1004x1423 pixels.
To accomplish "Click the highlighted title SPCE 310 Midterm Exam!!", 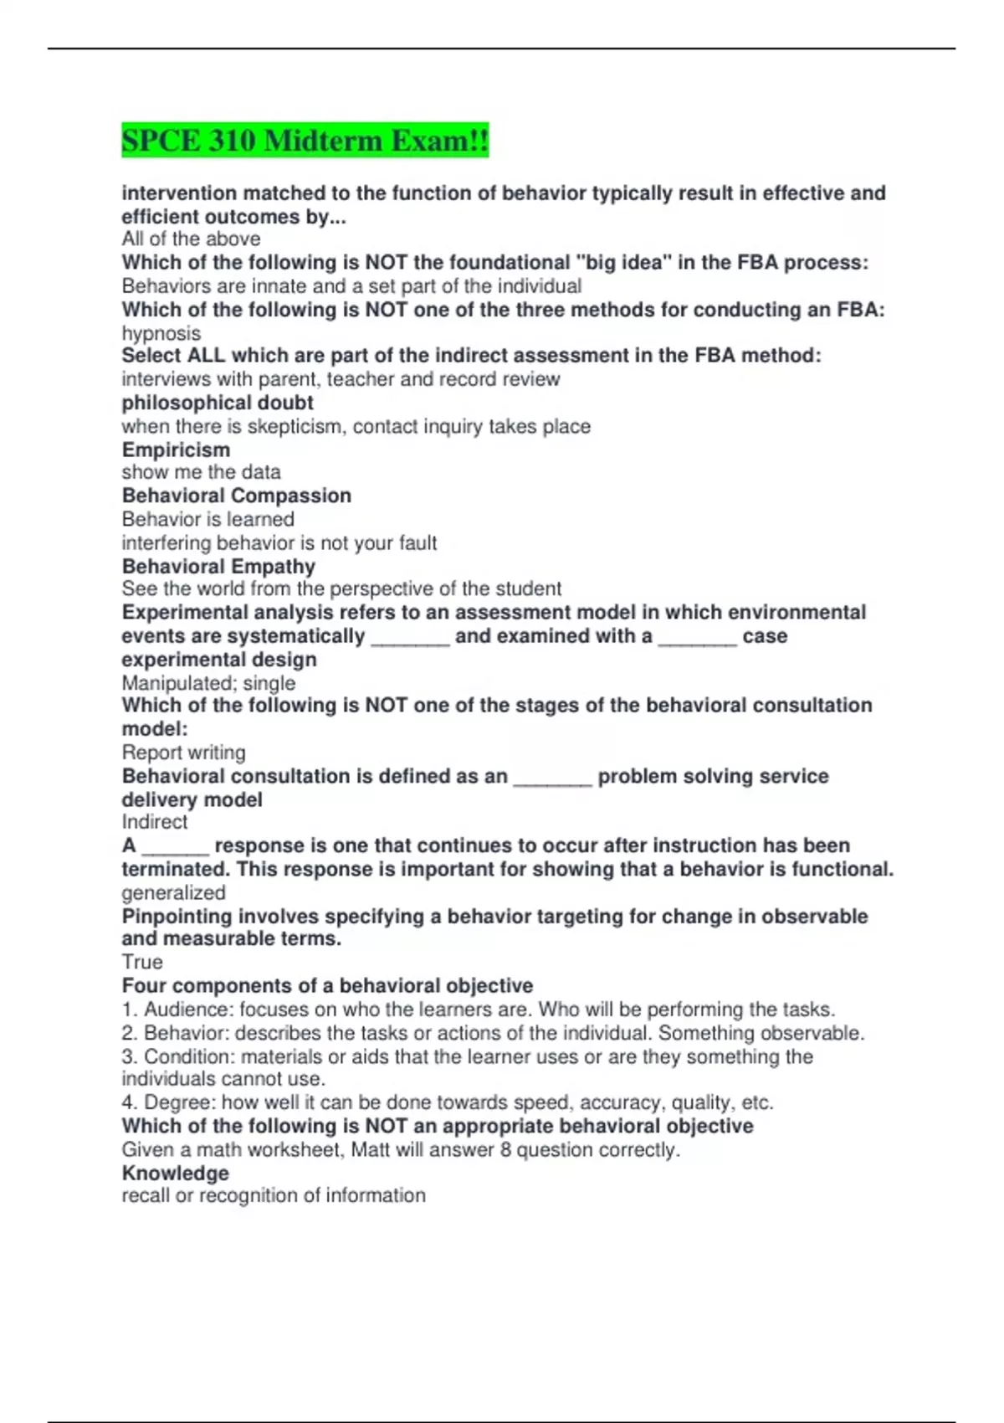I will coord(305,140).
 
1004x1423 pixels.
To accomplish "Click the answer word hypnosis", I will coord(161,333).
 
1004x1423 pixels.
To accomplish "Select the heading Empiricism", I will coord(176,450).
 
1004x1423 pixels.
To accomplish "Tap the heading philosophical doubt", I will coord(218,403).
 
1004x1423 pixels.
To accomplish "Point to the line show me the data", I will coord(201,472).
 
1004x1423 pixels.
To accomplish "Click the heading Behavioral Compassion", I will coord(236,496).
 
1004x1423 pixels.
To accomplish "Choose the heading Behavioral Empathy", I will coord(218,567).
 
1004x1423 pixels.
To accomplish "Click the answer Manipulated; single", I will coord(208,683).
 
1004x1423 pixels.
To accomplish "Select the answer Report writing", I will coord(184,753).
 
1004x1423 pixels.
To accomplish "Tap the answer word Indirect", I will coord(155,822).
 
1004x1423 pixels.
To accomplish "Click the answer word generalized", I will coord(173,892).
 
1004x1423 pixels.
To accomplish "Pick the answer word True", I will coord(142,962).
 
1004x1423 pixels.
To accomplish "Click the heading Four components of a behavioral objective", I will coord(327,986).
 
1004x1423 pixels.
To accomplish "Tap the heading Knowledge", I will coord(175,1174).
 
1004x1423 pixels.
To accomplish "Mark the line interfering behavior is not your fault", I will coord(279,543).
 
